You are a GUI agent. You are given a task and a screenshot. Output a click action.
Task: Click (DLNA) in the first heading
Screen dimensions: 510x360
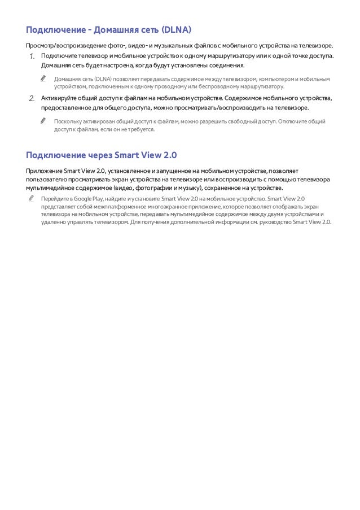point(176,29)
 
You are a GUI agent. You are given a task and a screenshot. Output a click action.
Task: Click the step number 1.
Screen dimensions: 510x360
point(32,56)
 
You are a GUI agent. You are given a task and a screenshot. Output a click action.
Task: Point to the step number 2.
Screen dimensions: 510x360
point(32,99)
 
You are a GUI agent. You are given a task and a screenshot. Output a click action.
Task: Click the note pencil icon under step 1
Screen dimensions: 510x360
point(43,79)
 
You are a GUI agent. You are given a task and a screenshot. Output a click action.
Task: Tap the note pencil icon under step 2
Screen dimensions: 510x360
point(43,121)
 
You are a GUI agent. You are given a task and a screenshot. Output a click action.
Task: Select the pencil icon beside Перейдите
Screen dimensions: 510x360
point(30,199)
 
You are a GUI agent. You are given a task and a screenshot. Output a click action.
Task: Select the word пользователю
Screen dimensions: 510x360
point(49,179)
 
